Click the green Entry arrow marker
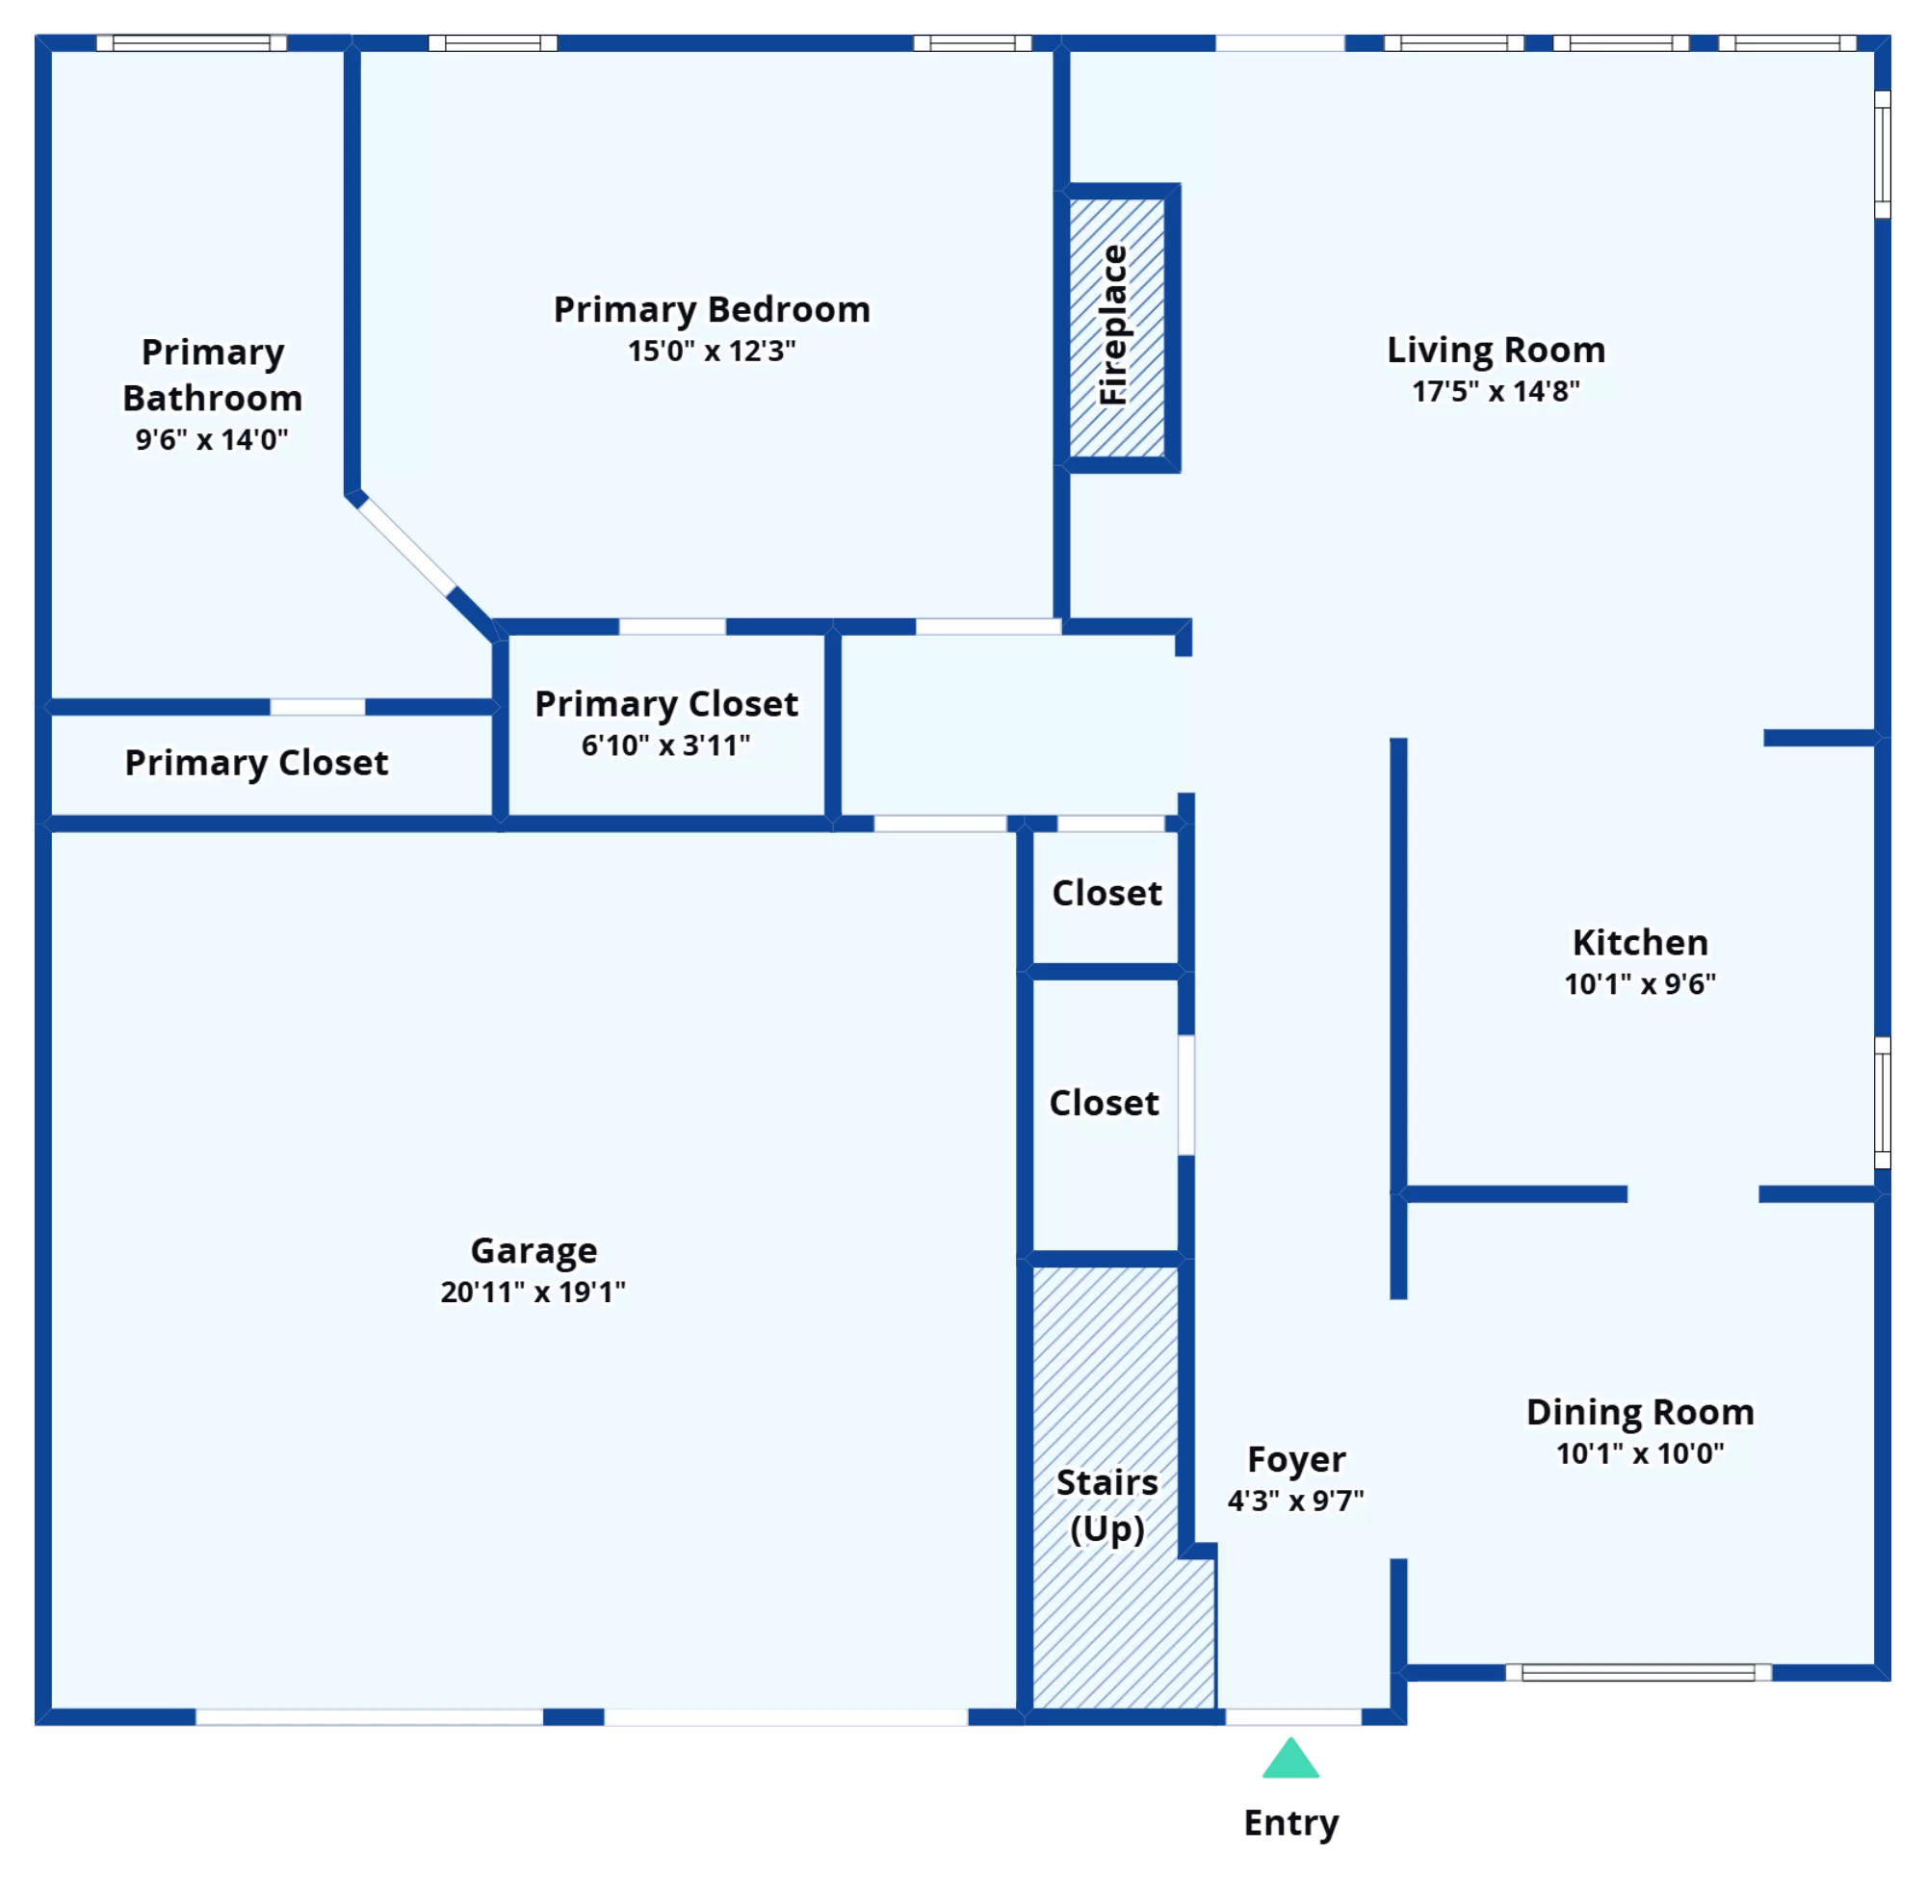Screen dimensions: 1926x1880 tap(1290, 1758)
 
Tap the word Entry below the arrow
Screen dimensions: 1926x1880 tap(1291, 1823)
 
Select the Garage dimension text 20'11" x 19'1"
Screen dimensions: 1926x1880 tap(534, 1292)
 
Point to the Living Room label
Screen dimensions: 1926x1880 tap(1496, 350)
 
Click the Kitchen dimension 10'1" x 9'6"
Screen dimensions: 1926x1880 tap(1640, 983)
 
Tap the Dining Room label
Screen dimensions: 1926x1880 tap(1640, 1412)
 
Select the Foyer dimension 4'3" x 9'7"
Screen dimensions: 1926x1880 tap(1295, 1501)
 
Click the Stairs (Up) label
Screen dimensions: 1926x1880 tap(1106, 1505)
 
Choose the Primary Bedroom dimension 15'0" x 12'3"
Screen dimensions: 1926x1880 tap(712, 351)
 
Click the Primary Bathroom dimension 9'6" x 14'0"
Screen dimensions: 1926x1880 tap(212, 439)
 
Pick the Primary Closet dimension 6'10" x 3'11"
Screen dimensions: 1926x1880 tap(665, 745)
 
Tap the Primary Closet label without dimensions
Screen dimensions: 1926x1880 tap(257, 762)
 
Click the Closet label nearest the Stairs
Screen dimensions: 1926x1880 tap(1104, 1103)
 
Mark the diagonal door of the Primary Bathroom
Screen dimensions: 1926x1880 tap(406, 546)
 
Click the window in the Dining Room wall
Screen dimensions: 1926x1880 tap(1638, 1673)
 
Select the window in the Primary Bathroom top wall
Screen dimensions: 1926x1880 tap(192, 42)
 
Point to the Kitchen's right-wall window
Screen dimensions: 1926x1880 tap(1883, 1103)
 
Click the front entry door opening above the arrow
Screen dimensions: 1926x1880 tap(1293, 1717)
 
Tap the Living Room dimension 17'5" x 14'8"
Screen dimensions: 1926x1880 tap(1496, 391)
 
